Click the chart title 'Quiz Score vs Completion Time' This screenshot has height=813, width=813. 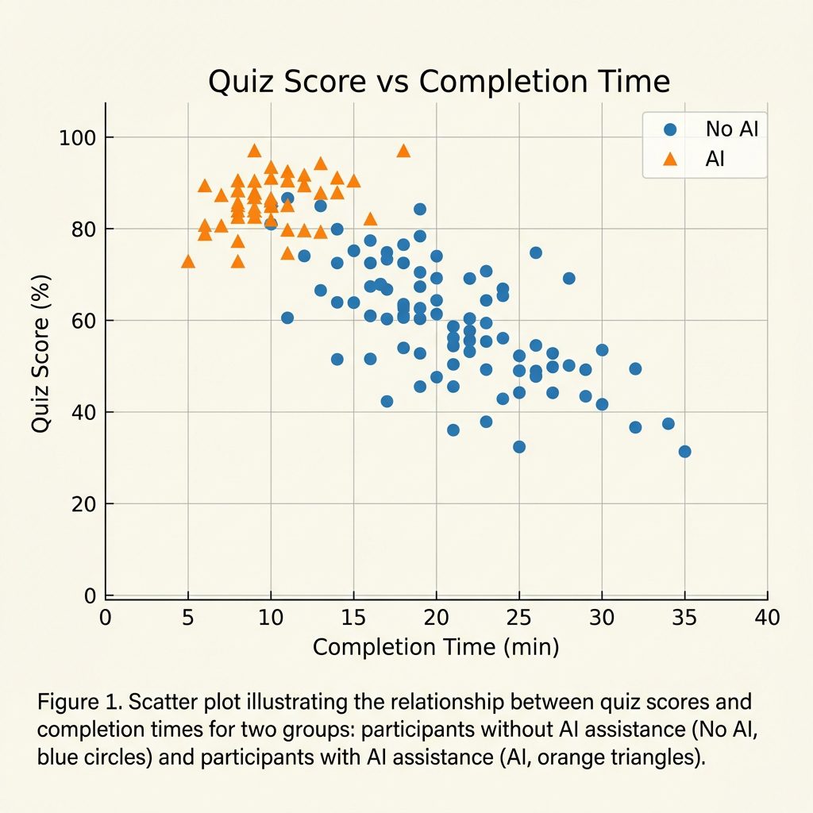point(439,82)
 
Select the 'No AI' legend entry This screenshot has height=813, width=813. point(731,129)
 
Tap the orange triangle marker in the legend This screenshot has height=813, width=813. point(670,159)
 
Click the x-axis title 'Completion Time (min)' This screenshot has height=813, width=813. point(436,647)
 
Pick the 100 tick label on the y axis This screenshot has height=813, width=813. point(77,138)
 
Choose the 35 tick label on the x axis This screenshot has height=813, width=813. point(684,617)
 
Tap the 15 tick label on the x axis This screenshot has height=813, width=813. point(353,617)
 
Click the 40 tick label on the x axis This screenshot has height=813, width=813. point(767,617)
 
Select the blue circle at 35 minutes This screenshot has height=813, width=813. point(684,452)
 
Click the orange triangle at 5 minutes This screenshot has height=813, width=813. point(188,261)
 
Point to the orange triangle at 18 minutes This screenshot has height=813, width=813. point(403,151)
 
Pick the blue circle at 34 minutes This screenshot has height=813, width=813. point(668,424)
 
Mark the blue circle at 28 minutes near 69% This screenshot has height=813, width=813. point(568,279)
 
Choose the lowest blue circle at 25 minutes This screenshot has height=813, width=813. point(519,447)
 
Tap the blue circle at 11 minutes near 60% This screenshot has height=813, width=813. point(287,318)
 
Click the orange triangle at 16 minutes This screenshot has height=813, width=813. point(370,219)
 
